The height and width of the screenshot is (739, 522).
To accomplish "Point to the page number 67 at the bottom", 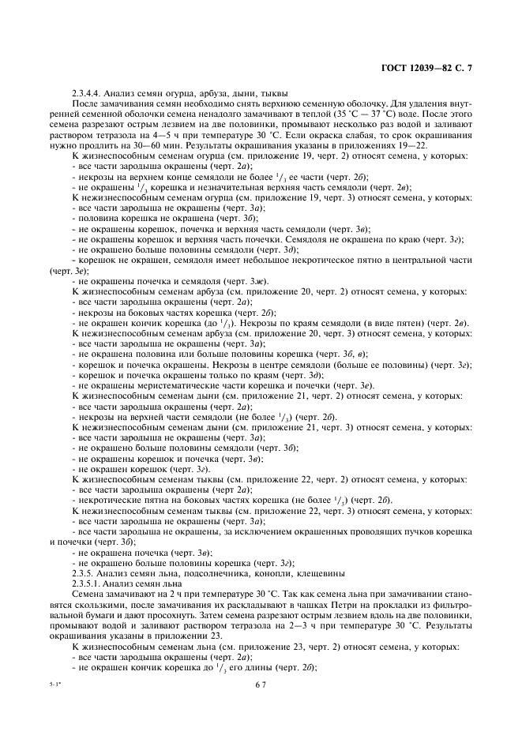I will pos(261,711).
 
